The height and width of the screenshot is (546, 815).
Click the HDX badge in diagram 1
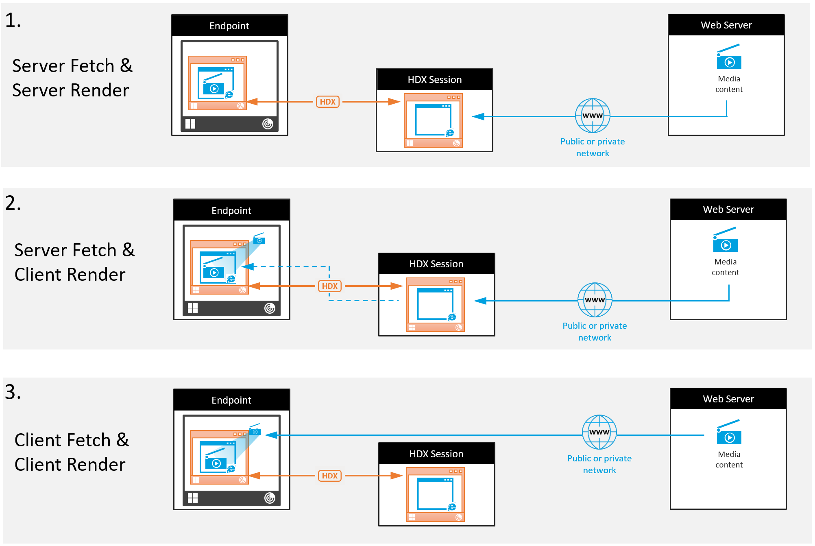[x=327, y=102]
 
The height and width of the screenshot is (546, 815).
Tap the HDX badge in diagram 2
[x=329, y=286]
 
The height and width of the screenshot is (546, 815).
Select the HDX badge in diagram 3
[x=329, y=476]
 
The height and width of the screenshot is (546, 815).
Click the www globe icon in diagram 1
[x=593, y=116]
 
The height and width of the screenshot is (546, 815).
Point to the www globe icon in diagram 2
[x=595, y=300]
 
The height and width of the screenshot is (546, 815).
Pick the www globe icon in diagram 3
[x=599, y=432]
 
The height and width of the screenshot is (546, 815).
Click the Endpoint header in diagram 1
[x=229, y=26]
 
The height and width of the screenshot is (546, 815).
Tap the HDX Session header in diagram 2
[x=436, y=264]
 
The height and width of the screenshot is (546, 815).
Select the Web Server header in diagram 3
[x=728, y=399]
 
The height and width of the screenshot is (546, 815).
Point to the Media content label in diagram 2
[x=725, y=267]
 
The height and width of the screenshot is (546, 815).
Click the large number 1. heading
[x=13, y=20]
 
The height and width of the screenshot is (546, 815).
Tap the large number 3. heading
[x=13, y=392]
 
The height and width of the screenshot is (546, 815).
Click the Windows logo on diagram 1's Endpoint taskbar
[x=190, y=124]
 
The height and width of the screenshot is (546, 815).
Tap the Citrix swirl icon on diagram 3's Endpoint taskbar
[x=270, y=498]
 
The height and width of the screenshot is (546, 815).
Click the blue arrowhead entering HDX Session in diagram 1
[x=478, y=117]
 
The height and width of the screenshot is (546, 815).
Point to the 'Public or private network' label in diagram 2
[x=595, y=332]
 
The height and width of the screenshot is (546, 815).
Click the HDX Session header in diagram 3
[x=436, y=454]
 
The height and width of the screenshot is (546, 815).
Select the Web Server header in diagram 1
[x=726, y=25]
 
